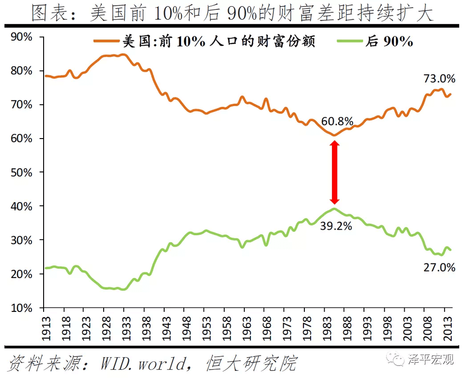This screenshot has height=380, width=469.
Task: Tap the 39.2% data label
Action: pos(336,226)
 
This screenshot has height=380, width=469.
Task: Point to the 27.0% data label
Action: pos(440,268)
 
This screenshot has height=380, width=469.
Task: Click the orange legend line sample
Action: pos(106,41)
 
